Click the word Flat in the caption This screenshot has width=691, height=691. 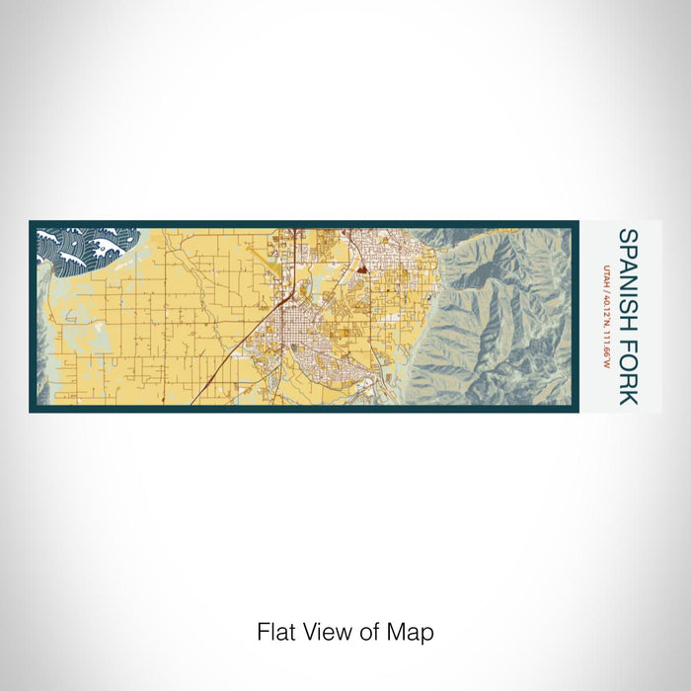click(273, 632)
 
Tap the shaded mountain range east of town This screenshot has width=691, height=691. click(494, 316)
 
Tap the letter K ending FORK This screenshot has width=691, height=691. click(627, 396)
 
